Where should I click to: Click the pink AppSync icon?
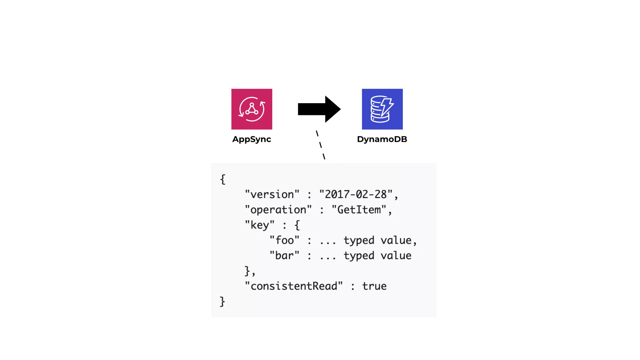[x=252, y=109]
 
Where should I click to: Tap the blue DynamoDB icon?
[x=382, y=109]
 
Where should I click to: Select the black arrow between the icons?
[x=319, y=109]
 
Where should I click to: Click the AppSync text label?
[x=252, y=139]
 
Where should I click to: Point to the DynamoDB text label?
[x=382, y=139]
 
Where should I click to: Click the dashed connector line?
[x=321, y=145]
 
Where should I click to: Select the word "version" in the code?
[x=272, y=194]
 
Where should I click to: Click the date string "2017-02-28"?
[x=356, y=194]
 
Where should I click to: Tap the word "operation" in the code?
[x=278, y=210]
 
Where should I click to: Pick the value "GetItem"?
[x=359, y=210]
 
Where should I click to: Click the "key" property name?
[x=259, y=225]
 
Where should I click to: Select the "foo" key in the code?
[x=284, y=240]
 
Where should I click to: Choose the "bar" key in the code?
[x=284, y=256]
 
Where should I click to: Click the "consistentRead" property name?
[x=294, y=286]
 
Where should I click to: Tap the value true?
[x=374, y=286]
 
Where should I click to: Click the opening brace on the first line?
[x=222, y=179]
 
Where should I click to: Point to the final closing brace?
[x=222, y=302]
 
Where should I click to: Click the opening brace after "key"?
[x=297, y=225]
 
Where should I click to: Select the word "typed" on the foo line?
[x=359, y=241]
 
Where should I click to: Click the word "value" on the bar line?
[x=396, y=256]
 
